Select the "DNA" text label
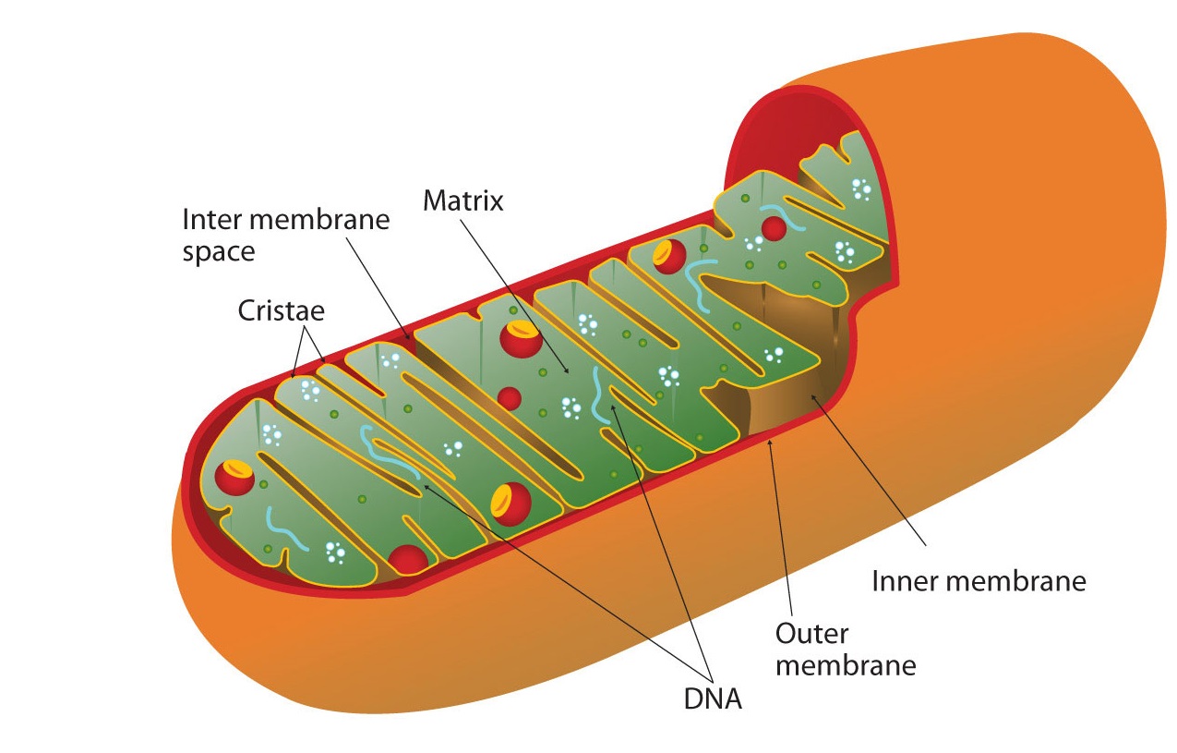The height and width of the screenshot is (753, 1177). point(713,698)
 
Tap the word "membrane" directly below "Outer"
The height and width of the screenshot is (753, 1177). point(845,665)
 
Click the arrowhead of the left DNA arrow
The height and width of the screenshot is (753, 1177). point(423,483)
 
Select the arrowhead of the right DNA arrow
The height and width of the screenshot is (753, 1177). point(610,407)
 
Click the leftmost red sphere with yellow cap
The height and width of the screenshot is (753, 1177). point(234,476)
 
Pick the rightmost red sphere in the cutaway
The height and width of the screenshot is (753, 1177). point(774,227)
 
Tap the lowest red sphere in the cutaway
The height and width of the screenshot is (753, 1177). point(407,559)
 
